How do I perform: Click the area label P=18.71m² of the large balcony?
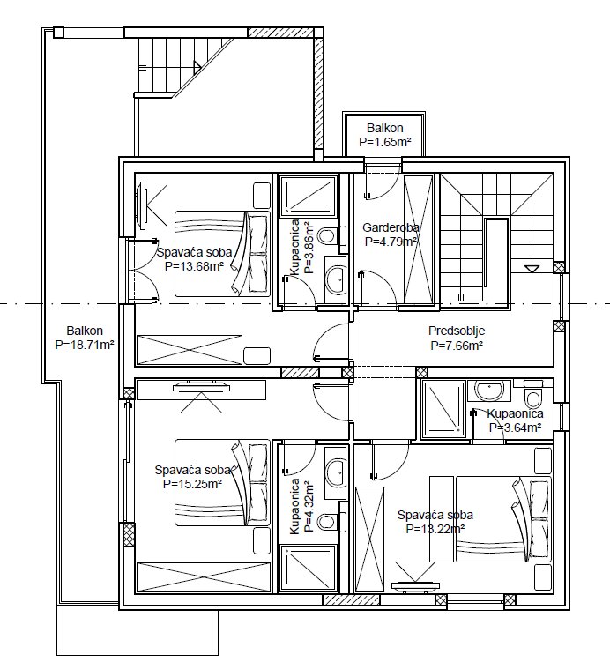(85, 345)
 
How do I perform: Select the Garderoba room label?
(391, 228)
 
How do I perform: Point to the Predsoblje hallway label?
(457, 331)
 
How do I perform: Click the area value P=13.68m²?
(194, 266)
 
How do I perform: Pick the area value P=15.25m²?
(192, 484)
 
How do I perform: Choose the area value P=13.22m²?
(435, 529)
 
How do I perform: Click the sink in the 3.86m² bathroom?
(336, 279)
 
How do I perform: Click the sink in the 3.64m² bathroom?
(489, 391)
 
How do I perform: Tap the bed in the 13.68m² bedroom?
(222, 254)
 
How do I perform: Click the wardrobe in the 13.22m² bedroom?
(370, 539)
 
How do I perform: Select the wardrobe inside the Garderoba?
(419, 239)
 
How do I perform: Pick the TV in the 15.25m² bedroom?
(201, 385)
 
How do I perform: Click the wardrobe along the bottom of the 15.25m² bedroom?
(203, 576)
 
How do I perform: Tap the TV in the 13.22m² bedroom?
(415, 586)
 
